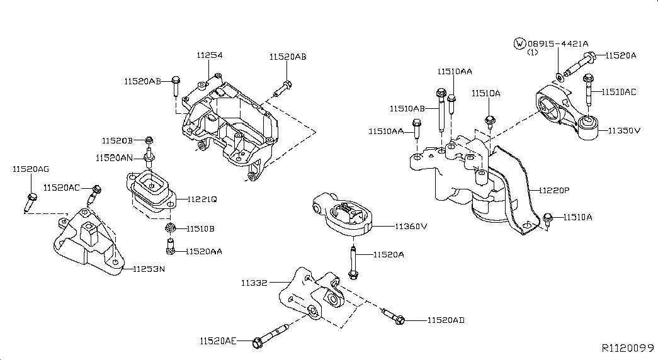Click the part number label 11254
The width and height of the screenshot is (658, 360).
(210, 55)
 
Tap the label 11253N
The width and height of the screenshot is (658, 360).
(149, 269)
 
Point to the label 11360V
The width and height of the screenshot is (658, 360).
(411, 226)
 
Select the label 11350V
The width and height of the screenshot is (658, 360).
(623, 131)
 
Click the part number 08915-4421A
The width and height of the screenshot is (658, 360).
(558, 43)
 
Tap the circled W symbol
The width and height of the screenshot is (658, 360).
(519, 43)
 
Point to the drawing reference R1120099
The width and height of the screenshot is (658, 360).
(628, 347)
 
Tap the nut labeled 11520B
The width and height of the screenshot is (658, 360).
(149, 140)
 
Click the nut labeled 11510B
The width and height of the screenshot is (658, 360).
(169, 228)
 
